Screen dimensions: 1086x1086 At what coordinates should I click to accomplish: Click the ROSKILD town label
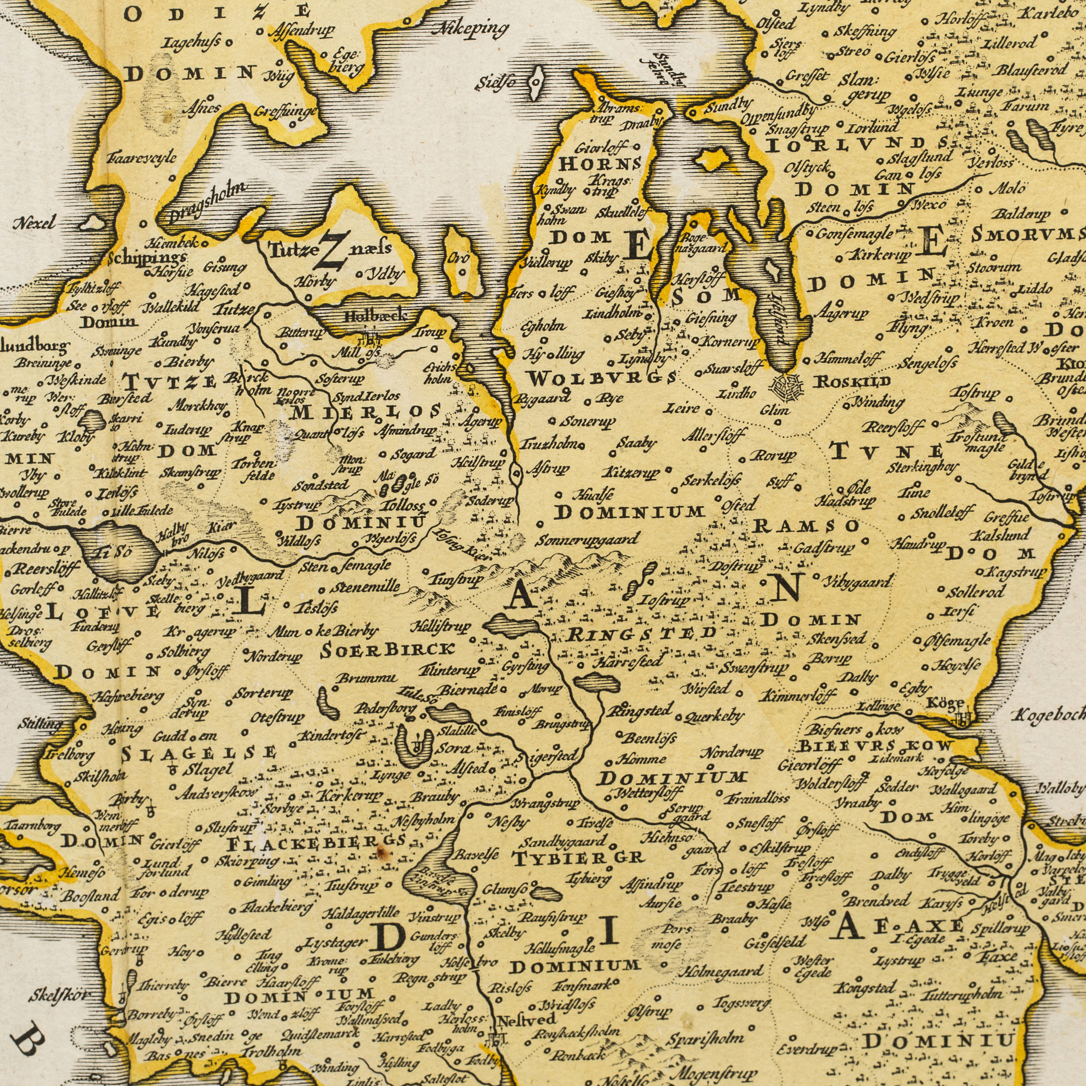pyautogui.click(x=853, y=382)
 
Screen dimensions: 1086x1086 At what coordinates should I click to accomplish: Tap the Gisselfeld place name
pyautogui.click(x=777, y=942)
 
